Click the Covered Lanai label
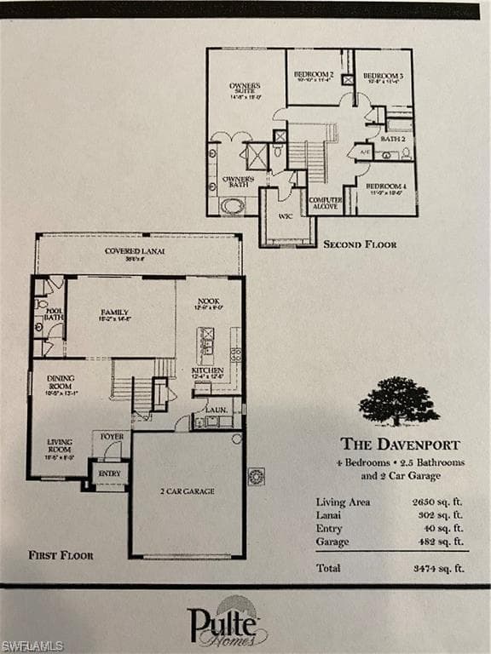[135, 251]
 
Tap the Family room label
[114, 313]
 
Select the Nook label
[208, 301]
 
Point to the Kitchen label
[207, 370]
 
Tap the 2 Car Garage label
[187, 491]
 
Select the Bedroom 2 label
[314, 75]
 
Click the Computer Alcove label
[326, 203]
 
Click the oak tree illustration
[398, 401]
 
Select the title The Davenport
[400, 444]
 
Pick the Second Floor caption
[360, 244]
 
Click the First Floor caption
[61, 555]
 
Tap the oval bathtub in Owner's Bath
[232, 205]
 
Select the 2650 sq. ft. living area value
[438, 502]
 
